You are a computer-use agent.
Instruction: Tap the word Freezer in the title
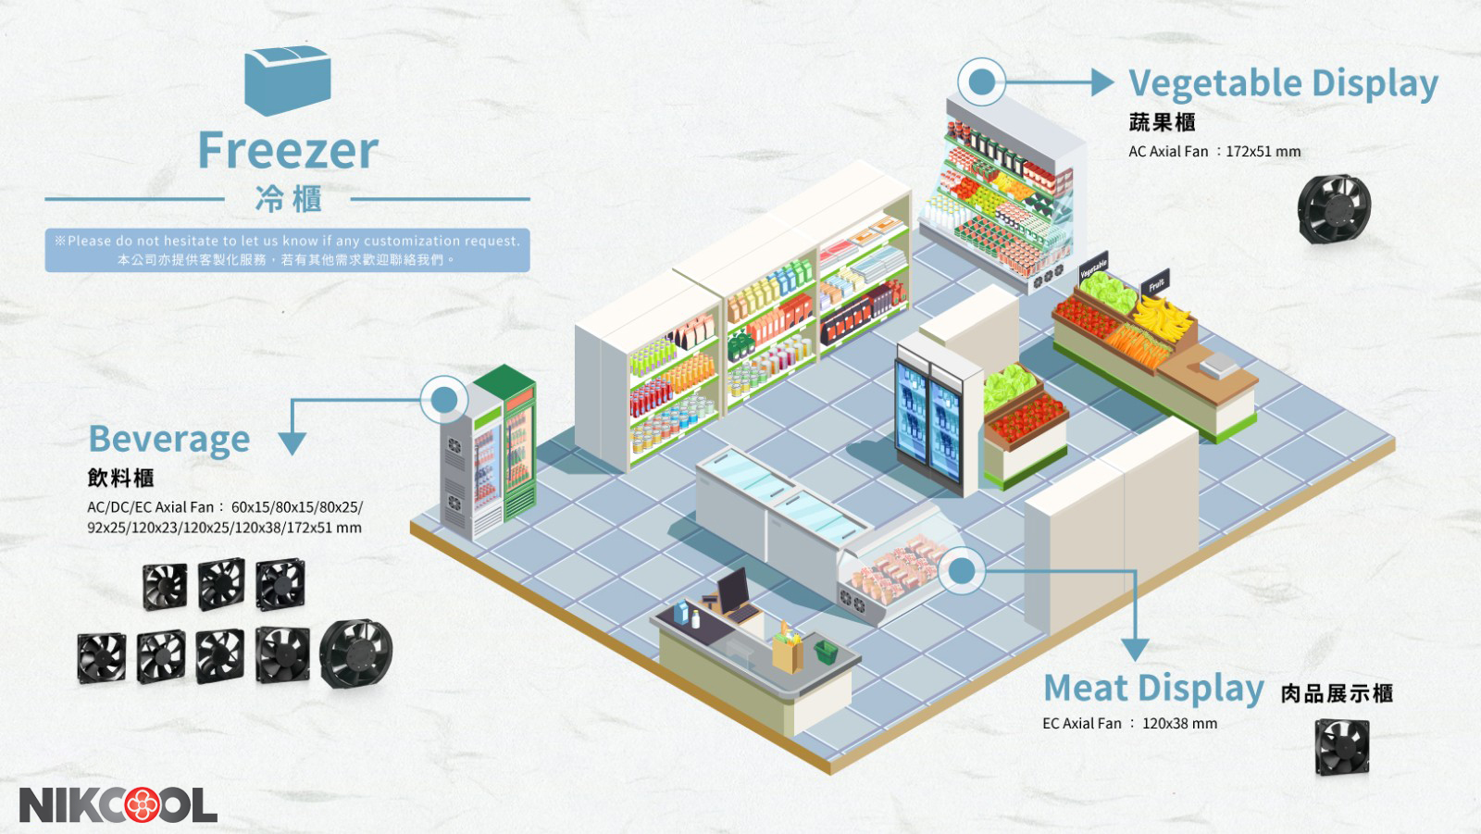click(x=288, y=150)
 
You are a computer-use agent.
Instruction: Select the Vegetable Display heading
click(x=1283, y=83)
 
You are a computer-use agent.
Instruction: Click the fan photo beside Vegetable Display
click(x=1334, y=209)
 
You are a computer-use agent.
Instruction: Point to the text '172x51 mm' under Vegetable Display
click(x=1263, y=152)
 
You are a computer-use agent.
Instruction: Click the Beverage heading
click(x=169, y=439)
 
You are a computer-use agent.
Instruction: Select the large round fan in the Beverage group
click(x=356, y=654)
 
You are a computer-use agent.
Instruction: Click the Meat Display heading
click(x=1153, y=689)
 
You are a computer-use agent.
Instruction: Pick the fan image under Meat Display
click(x=1341, y=746)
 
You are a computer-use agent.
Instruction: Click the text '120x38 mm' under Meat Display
click(x=1179, y=724)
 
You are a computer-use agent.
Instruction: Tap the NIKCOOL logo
click(x=118, y=804)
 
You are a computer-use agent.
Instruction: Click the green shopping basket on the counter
click(x=825, y=651)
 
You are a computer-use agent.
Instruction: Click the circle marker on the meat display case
click(x=963, y=571)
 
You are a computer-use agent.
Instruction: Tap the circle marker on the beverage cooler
click(x=444, y=399)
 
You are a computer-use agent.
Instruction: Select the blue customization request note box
click(x=287, y=250)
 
